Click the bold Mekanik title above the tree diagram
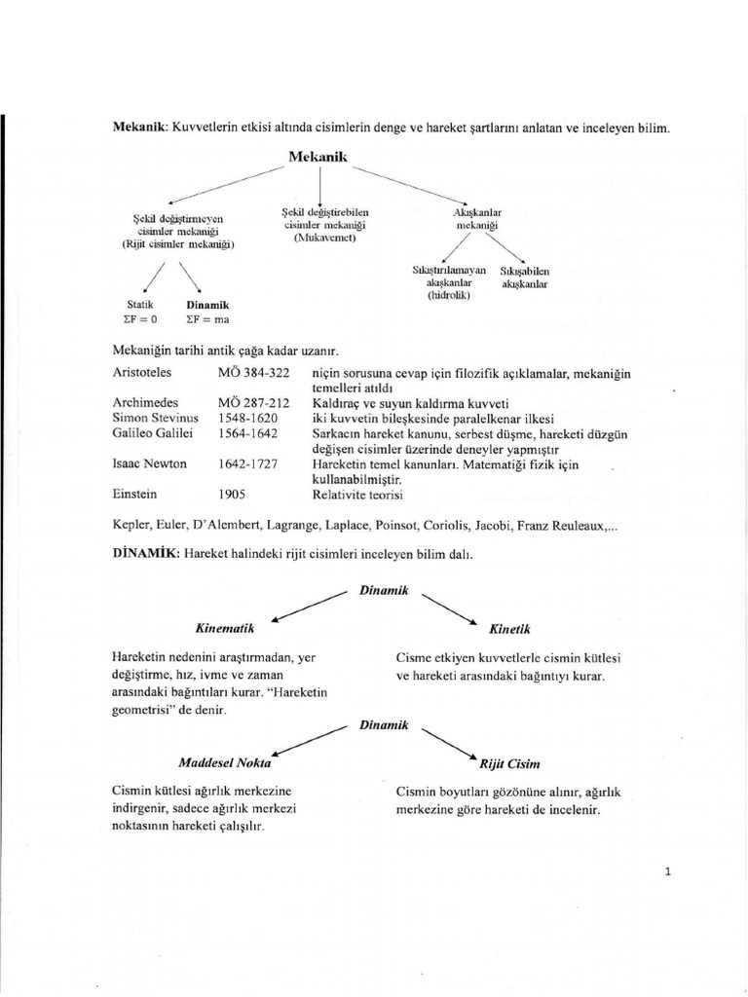click(x=318, y=156)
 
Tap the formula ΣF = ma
click(x=206, y=318)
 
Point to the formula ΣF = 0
click(x=142, y=318)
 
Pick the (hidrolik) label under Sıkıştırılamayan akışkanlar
click(x=449, y=294)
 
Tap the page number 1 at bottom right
click(x=667, y=871)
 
